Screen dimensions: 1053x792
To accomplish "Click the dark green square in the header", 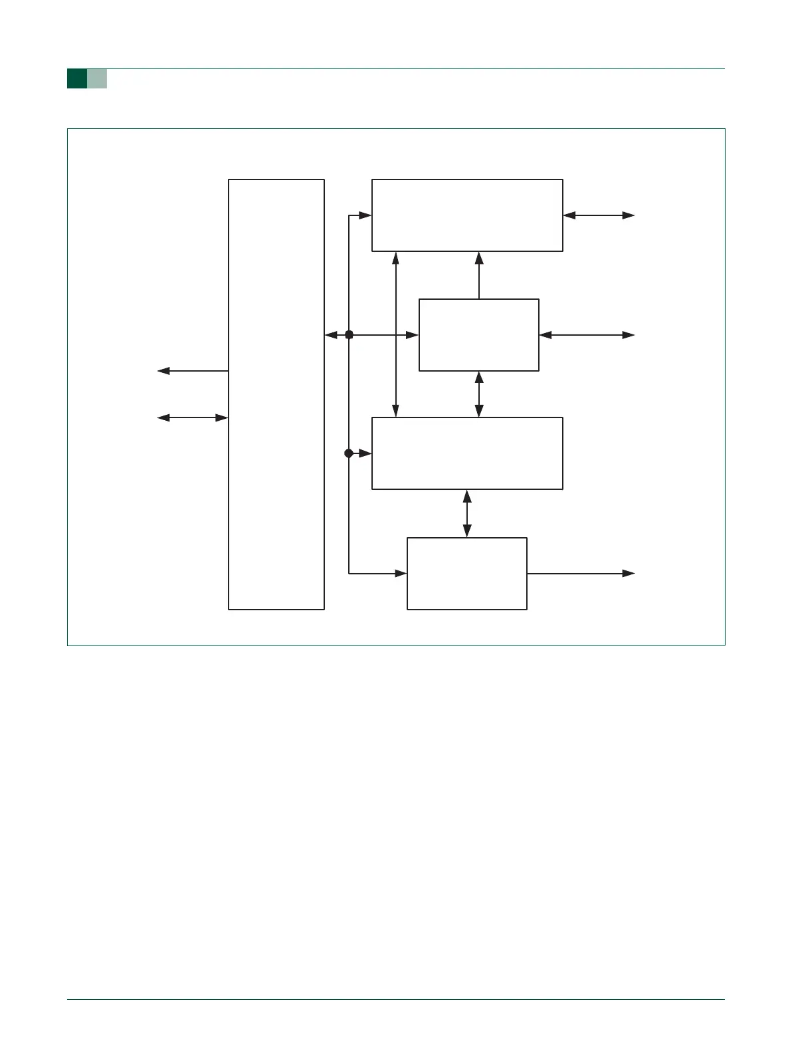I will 77,78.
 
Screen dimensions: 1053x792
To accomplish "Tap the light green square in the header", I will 97,78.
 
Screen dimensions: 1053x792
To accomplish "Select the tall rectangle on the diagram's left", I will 276,394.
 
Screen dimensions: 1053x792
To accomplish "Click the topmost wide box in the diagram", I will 467,215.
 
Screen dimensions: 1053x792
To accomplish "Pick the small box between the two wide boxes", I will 479,335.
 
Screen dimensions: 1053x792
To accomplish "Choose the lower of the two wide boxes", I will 467,453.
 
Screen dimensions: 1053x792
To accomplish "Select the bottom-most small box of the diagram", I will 467,573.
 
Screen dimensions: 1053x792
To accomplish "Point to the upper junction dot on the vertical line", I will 349,335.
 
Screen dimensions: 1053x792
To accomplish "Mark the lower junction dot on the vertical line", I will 349,453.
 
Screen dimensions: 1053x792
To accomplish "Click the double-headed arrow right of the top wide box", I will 599,215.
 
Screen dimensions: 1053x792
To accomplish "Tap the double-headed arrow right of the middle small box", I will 587,335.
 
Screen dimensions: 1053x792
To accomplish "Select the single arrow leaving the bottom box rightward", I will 581,573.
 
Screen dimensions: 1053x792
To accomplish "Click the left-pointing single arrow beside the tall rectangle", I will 193,371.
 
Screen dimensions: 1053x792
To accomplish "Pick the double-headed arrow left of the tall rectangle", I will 193,417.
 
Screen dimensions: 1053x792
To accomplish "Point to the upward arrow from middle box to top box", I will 479,275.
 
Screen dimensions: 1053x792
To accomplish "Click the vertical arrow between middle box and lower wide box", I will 479,394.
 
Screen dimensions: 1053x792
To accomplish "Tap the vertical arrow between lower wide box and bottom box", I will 467,513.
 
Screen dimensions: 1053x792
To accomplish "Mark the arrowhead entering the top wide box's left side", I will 365,215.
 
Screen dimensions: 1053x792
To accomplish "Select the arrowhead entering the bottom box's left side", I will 401,573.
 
